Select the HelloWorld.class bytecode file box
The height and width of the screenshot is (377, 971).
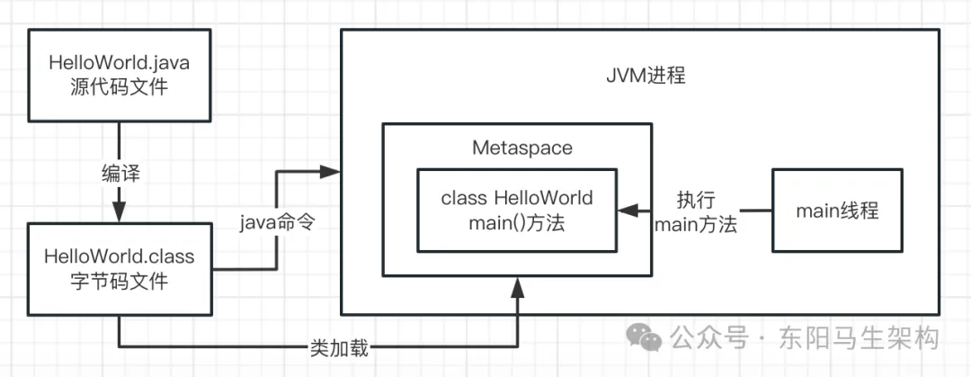click(x=119, y=269)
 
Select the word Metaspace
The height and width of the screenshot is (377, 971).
click(x=521, y=148)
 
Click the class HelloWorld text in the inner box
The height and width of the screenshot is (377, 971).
click(x=517, y=198)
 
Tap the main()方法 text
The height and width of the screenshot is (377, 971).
click(x=517, y=223)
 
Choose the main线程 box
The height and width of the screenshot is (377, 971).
click(x=837, y=211)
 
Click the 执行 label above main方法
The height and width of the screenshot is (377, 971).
click(x=696, y=199)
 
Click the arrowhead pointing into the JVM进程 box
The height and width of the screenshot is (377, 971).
click(x=333, y=170)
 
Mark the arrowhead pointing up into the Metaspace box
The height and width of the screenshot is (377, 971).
click(x=517, y=285)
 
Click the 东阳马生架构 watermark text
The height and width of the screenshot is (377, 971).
click(x=860, y=337)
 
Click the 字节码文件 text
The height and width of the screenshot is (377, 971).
click(x=119, y=282)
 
